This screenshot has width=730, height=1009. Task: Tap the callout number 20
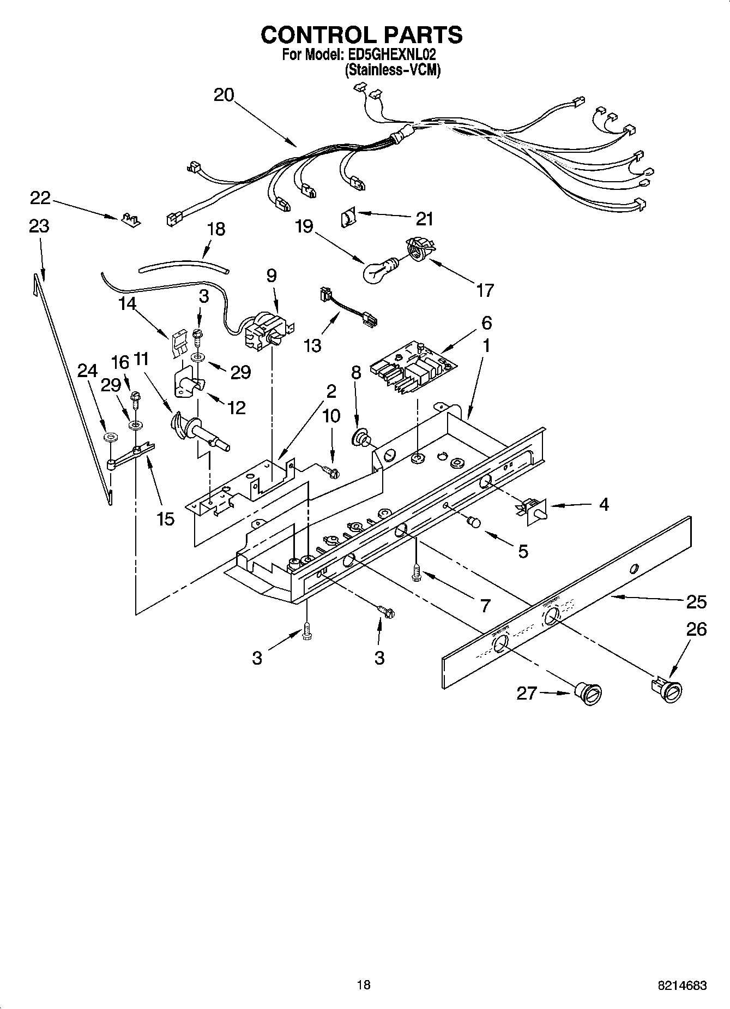(x=224, y=95)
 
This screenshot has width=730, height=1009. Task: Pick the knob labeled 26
(x=668, y=689)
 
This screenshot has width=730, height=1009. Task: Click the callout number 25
(x=696, y=602)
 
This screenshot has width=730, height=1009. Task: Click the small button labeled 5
(x=474, y=523)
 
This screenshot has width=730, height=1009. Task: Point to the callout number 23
(x=39, y=226)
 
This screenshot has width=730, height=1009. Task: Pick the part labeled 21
(x=347, y=218)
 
